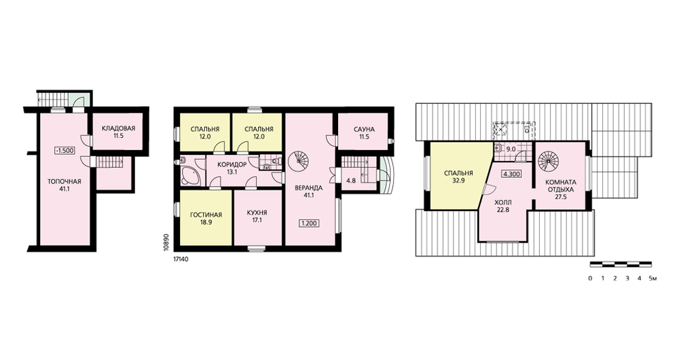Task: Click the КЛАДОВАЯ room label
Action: (119, 128)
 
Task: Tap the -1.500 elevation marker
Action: (65, 151)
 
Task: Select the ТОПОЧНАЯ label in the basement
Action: (65, 181)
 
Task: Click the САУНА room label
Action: (364, 130)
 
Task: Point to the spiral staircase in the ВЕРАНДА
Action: (298, 162)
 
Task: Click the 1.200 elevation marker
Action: (310, 223)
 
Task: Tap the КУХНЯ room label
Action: (257, 213)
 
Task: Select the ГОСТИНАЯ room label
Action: (206, 215)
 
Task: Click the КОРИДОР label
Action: (232, 164)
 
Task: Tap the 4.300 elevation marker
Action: (511, 174)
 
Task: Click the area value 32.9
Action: (458, 181)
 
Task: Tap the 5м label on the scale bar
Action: (653, 278)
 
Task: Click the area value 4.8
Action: (351, 181)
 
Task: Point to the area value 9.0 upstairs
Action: (511, 149)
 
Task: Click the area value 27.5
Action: (560, 197)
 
